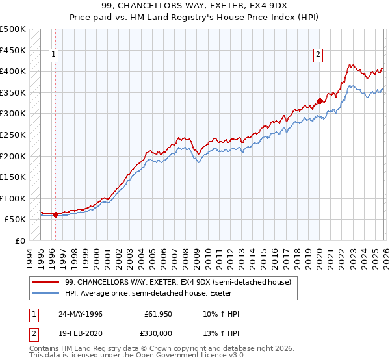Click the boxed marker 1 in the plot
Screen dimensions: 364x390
[x=53, y=55]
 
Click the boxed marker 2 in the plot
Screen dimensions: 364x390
[x=318, y=55]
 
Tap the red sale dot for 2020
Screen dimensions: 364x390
[x=320, y=101]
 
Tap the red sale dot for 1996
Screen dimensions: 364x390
[x=55, y=214]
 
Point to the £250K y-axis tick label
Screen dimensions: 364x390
[x=13, y=135]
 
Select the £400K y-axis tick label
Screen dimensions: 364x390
[x=13, y=71]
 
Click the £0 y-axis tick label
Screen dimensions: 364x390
[x=19, y=240]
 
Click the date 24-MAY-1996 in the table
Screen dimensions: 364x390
[x=81, y=314]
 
